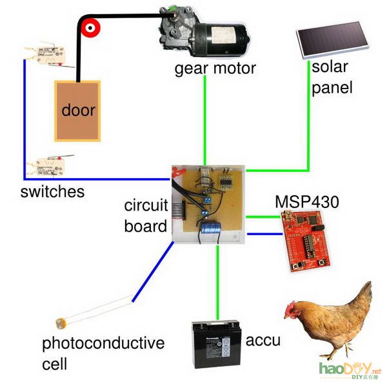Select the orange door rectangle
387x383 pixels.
click(78, 111)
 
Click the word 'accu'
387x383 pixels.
click(264, 340)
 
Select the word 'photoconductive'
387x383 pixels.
click(103, 342)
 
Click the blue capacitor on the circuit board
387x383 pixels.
click(210, 229)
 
